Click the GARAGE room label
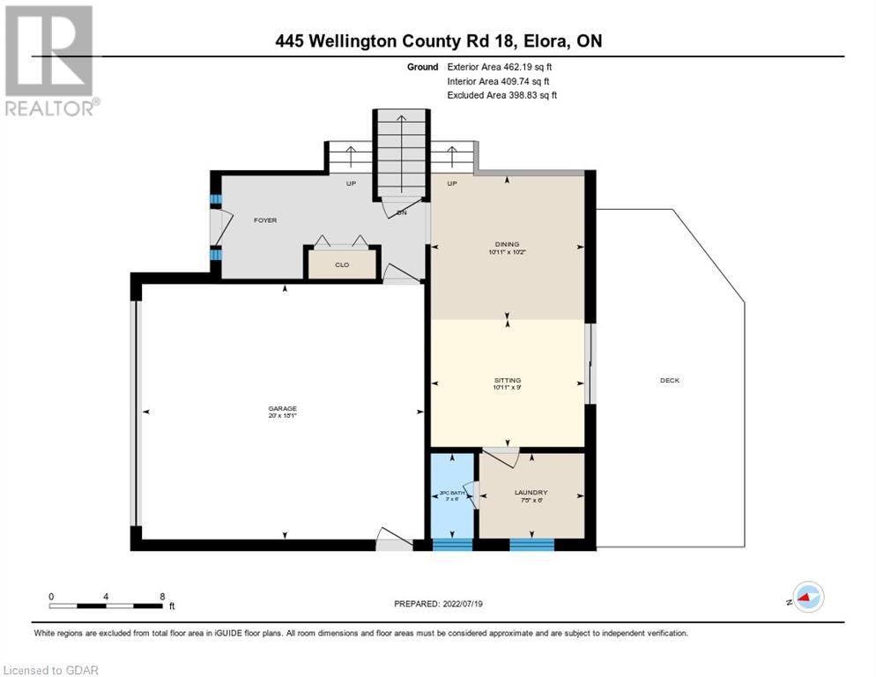(283, 409)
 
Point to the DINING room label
(507, 245)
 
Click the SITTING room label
(507, 380)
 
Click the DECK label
(670, 381)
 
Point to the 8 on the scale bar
(162, 597)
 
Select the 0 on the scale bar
(51, 597)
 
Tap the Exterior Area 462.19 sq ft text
(500, 67)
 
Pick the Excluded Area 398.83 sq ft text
(501, 95)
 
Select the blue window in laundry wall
(531, 544)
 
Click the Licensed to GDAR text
(50, 670)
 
